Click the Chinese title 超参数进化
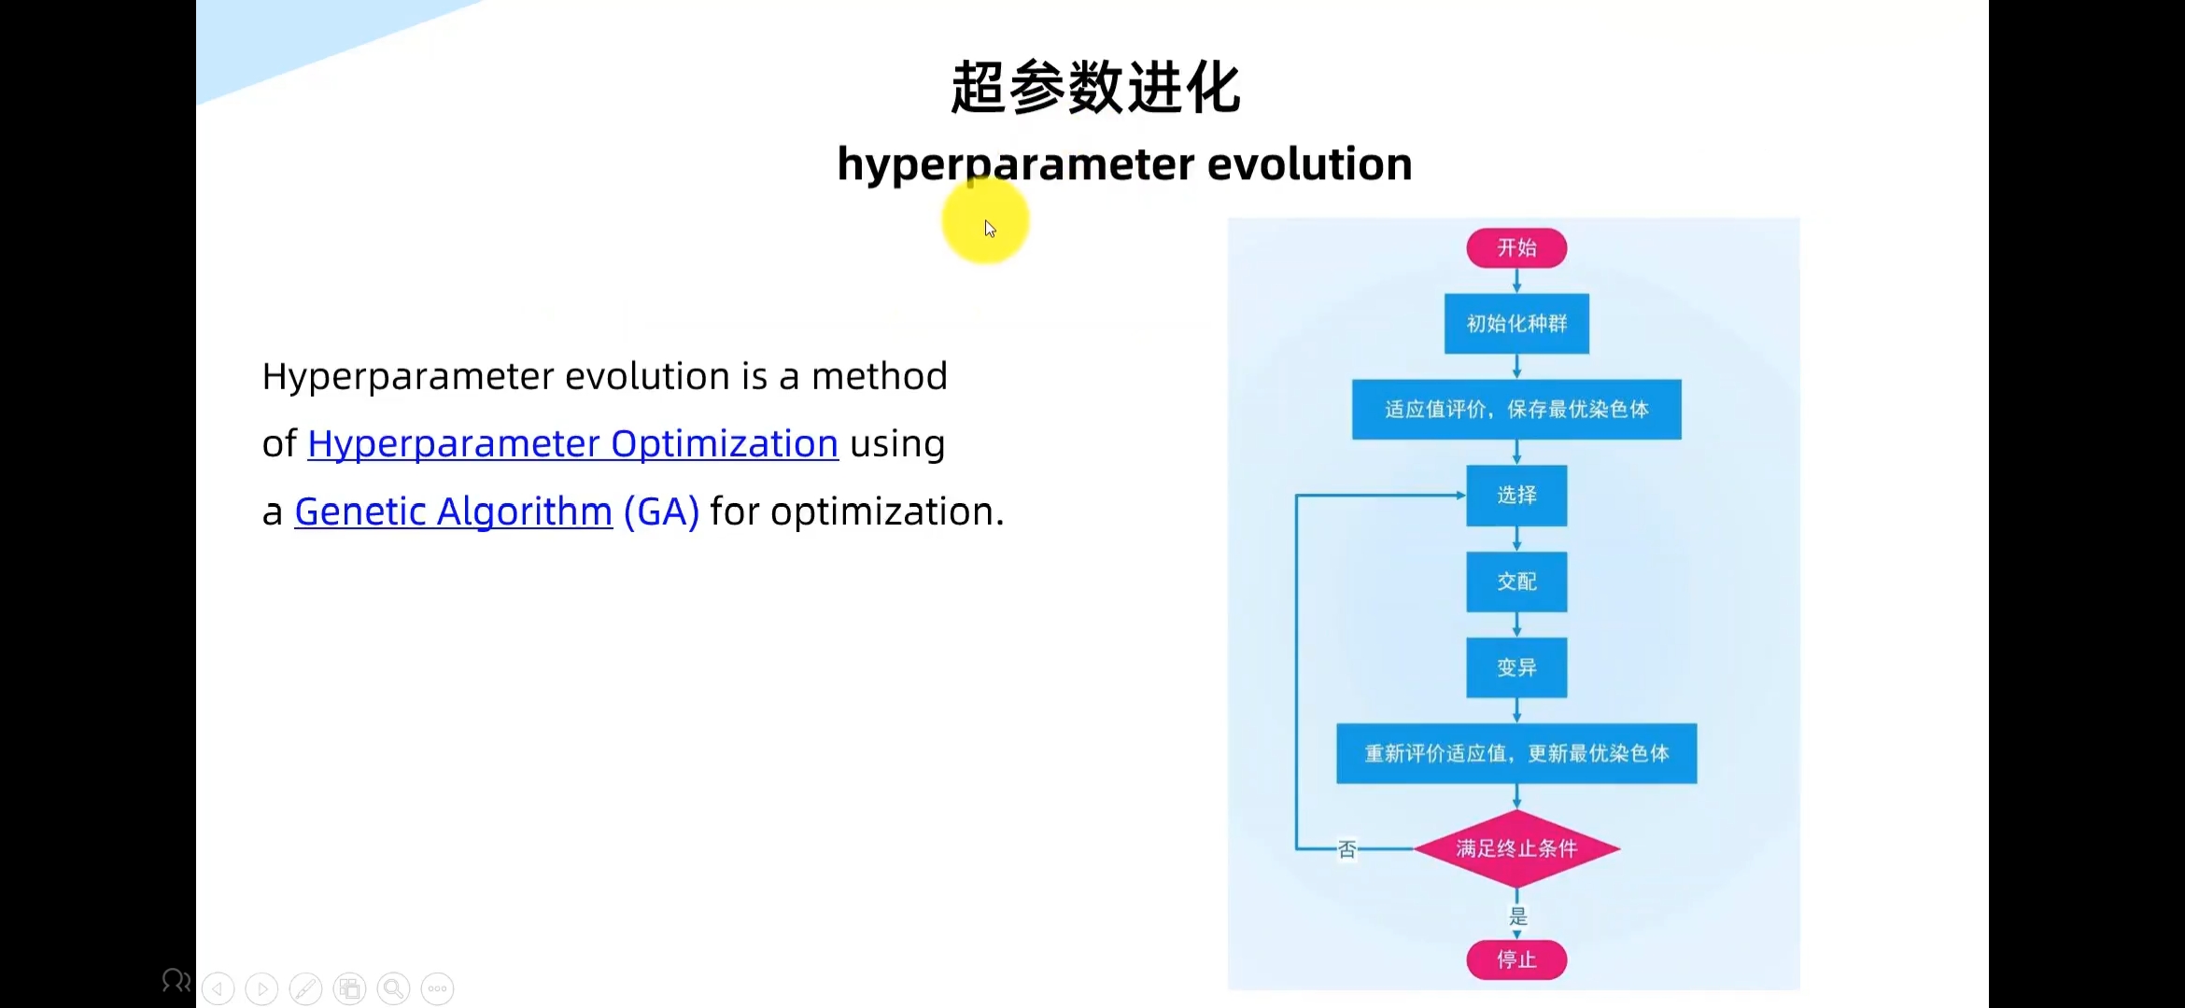click(x=1095, y=88)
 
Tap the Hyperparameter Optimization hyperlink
click(x=572, y=444)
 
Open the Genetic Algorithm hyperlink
click(x=453, y=511)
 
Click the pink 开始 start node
click(x=1516, y=248)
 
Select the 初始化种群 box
click(x=1516, y=324)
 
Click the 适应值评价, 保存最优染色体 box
click(x=1516, y=409)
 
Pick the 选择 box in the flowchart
click(x=1516, y=496)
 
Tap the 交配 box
click(x=1516, y=581)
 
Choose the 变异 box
click(x=1516, y=667)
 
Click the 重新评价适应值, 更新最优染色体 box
click(x=1516, y=753)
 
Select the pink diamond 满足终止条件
click(x=1516, y=848)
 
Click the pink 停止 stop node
click(x=1516, y=959)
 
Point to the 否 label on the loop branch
click(x=1346, y=849)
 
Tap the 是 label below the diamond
click(x=1518, y=916)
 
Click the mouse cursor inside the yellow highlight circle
click(x=990, y=229)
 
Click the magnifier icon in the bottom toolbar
click(x=393, y=988)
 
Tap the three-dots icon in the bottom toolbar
click(x=437, y=988)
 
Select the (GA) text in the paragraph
click(x=661, y=511)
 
